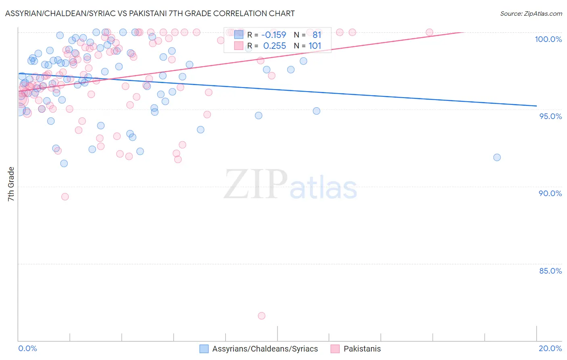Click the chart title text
click(150, 13)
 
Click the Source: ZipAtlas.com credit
click(531, 14)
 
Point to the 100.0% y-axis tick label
click(548, 39)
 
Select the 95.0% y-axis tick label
click(550, 116)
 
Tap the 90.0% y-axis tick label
click(550, 193)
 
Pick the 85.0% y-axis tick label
click(550, 271)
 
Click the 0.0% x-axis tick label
click(28, 348)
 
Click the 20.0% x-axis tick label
click(550, 348)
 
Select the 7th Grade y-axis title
click(11, 184)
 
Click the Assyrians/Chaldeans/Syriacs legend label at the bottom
click(265, 349)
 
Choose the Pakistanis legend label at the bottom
click(362, 349)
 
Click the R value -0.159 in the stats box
click(274, 35)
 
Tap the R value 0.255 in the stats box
click(274, 46)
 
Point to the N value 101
click(315, 46)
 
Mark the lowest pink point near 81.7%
click(262, 316)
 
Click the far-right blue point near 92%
click(497, 157)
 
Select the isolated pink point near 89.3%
click(65, 197)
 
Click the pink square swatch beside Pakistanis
click(335, 349)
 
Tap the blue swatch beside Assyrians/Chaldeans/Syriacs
click(204, 349)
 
